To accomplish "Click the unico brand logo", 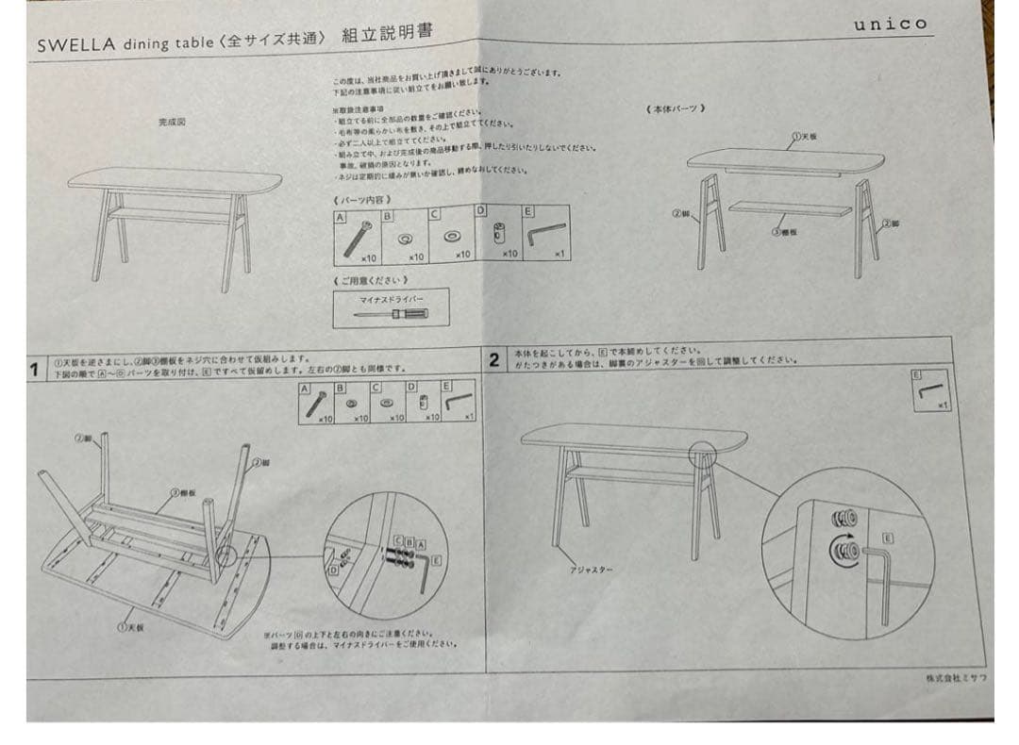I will [x=890, y=24].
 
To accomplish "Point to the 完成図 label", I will [x=173, y=122].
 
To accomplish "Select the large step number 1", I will [x=35, y=369].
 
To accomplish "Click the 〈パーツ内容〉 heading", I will [x=362, y=199].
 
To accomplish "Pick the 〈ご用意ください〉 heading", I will [x=371, y=280].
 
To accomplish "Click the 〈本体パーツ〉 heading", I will [x=677, y=108].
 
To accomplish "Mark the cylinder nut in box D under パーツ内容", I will [x=499, y=236].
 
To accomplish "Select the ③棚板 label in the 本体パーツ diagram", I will [x=784, y=231].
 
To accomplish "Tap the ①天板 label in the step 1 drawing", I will [x=130, y=627].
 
